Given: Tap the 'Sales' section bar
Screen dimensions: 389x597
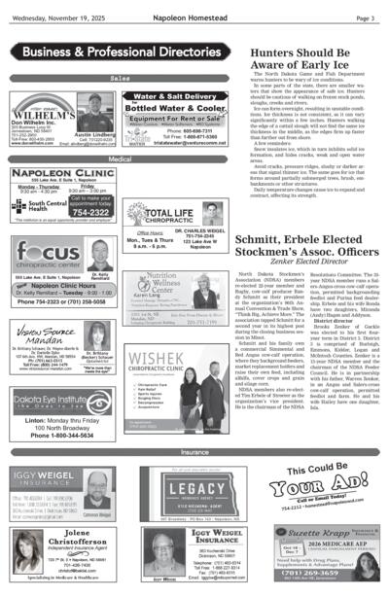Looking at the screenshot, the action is click(x=120, y=78).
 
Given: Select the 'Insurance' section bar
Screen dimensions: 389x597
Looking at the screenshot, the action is click(x=194, y=452).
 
